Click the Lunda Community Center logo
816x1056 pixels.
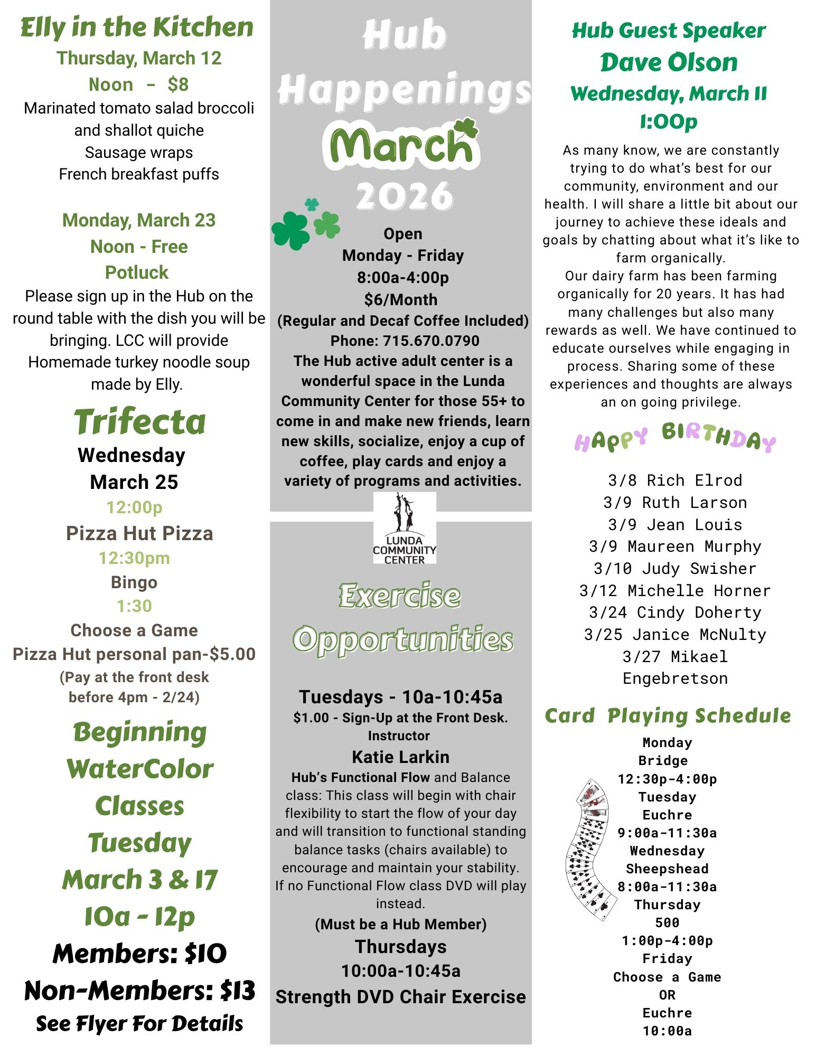405,528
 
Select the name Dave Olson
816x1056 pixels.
669,62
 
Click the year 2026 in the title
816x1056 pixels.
405,196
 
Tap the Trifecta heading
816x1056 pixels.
139,422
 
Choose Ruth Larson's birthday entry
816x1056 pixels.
675,503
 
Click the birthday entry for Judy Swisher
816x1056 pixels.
675,569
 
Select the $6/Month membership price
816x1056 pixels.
401,300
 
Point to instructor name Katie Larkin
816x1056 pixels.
400,757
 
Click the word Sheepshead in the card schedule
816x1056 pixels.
667,869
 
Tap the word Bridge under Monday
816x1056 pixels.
663,761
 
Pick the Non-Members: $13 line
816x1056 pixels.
139,991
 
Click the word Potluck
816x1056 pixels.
137,272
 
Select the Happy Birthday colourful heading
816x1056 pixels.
675,438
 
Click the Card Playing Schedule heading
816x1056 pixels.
668,716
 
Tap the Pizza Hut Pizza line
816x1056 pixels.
139,533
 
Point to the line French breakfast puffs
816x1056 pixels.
139,174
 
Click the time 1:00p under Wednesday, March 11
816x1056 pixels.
669,122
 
